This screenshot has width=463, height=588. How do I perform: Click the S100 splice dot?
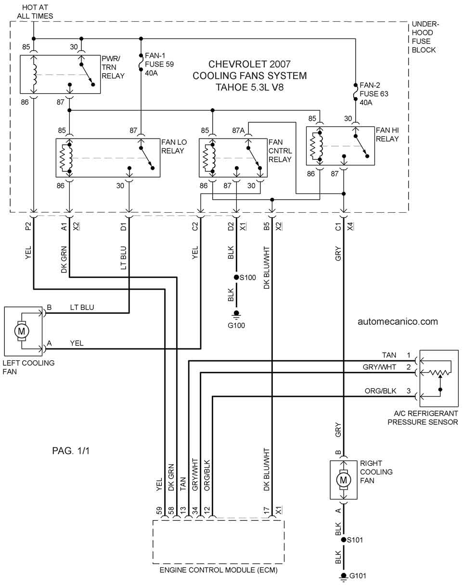tap(236, 277)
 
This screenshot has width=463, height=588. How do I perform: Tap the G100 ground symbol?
tap(236, 315)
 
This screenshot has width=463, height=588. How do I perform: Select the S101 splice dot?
tap(344, 539)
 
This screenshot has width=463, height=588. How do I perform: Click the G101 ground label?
tap(358, 575)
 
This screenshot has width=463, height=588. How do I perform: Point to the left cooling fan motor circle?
tap(21, 331)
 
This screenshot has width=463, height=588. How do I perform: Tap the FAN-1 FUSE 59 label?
tap(159, 64)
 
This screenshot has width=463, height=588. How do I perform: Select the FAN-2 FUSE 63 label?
tap(373, 94)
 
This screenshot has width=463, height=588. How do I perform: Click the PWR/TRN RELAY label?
tap(113, 67)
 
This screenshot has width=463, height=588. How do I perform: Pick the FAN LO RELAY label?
tap(174, 146)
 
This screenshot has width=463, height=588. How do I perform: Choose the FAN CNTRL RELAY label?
tap(280, 151)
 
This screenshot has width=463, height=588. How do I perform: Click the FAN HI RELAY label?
tap(387, 134)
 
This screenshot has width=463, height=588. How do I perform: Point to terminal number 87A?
tap(238, 130)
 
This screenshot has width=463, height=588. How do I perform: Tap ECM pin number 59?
tap(159, 511)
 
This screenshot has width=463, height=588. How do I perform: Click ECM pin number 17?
tap(267, 511)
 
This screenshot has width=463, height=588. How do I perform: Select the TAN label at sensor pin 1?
tap(389, 355)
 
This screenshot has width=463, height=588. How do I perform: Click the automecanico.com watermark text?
tap(398, 321)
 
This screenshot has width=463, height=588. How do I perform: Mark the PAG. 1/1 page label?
tap(71, 451)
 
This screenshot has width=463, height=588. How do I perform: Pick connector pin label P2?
tap(28, 226)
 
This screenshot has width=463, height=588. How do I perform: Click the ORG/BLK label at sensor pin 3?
tap(380, 391)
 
